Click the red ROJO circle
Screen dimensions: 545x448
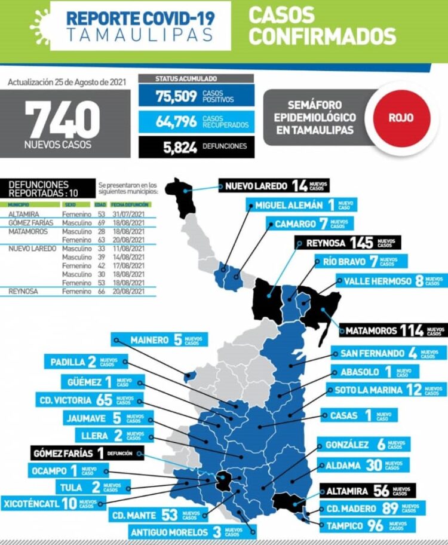(x=401, y=118)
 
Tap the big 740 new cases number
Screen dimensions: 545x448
(x=62, y=120)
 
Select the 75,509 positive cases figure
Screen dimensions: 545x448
(x=176, y=96)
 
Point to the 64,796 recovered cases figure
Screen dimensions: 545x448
(x=176, y=121)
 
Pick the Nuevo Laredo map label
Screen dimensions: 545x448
(x=274, y=186)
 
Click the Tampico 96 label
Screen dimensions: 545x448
(x=365, y=526)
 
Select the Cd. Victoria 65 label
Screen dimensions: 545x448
(x=94, y=400)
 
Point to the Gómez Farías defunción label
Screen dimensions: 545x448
(x=86, y=453)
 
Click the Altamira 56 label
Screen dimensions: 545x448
(x=366, y=491)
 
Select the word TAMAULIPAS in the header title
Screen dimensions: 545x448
(x=140, y=35)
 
